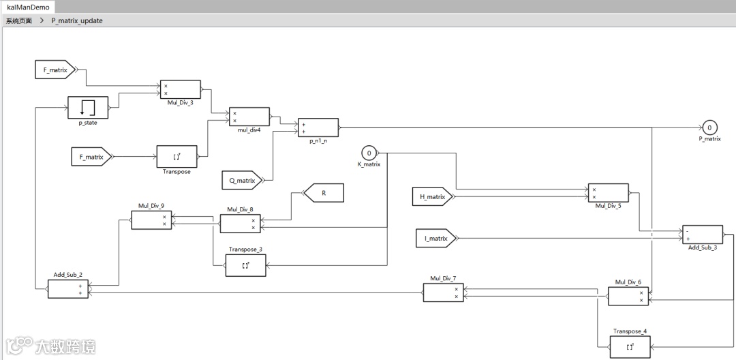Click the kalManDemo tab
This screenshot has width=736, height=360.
(x=27, y=7)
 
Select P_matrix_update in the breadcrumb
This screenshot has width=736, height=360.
(x=76, y=20)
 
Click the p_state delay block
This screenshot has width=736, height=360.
(x=88, y=107)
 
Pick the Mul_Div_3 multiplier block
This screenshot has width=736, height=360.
(x=180, y=90)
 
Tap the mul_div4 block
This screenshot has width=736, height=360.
(x=249, y=117)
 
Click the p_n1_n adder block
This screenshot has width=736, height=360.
(x=318, y=127)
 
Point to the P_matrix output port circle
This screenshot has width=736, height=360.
(x=709, y=127)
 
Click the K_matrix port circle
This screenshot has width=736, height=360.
(x=369, y=152)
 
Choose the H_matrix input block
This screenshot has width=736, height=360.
(x=431, y=197)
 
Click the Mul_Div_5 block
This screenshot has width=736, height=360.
(x=609, y=194)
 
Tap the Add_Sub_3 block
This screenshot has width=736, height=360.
(x=702, y=235)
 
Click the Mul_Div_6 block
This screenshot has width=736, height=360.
(x=628, y=296)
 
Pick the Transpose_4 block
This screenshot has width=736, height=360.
(x=630, y=347)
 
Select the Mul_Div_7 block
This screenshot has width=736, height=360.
(x=443, y=292)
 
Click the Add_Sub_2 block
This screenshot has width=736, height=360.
(x=67, y=289)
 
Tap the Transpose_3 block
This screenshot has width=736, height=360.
(x=245, y=265)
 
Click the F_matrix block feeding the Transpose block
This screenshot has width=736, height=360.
(x=91, y=157)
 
